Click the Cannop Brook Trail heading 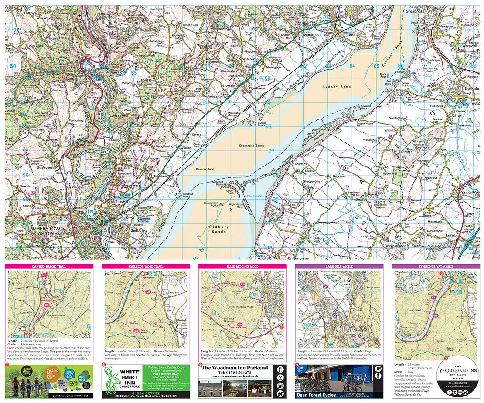(x=48, y=266)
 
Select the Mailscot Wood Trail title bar (x=145, y=266)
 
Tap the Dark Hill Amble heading (x=339, y=266)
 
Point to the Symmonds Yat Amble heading (x=435, y=266)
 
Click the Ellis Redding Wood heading (x=242, y=266)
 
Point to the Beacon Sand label (x=205, y=169)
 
